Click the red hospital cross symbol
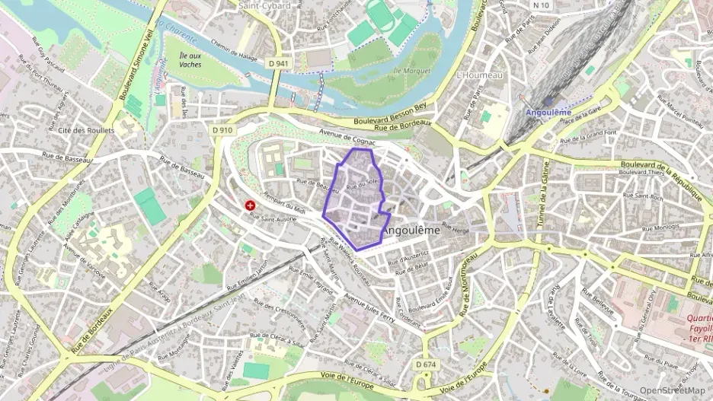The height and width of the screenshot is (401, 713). pyautogui.click(x=250, y=205)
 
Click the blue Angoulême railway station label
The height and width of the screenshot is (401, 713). pyautogui.click(x=548, y=113)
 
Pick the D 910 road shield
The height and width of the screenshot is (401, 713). pyautogui.click(x=222, y=130)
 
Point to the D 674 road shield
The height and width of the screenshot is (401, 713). pyautogui.click(x=427, y=365)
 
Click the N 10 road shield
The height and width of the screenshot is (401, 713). pyautogui.click(x=542, y=5)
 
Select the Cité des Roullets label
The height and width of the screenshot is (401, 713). pyautogui.click(x=86, y=130)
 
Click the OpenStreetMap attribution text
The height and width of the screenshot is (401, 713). pyautogui.click(x=672, y=390)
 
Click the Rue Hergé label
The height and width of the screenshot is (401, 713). pyautogui.click(x=457, y=229)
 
